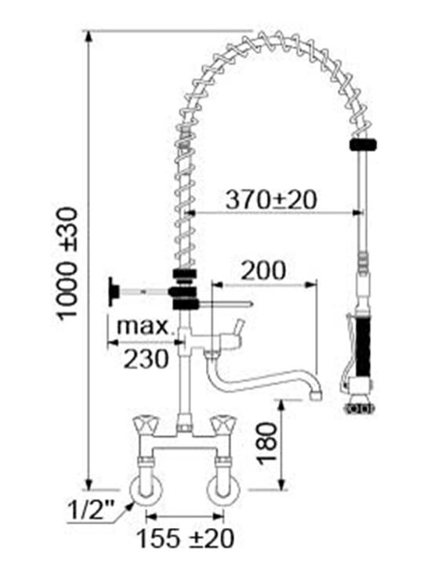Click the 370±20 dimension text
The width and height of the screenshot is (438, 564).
click(271, 200)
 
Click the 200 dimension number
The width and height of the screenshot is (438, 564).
click(263, 270)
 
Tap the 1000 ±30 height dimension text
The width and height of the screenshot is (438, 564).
click(67, 263)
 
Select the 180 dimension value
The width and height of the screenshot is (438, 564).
click(266, 443)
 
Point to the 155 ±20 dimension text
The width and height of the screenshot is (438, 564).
click(186, 538)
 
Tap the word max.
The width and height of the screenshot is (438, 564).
click(143, 326)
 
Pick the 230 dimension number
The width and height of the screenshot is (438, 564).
click(146, 359)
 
